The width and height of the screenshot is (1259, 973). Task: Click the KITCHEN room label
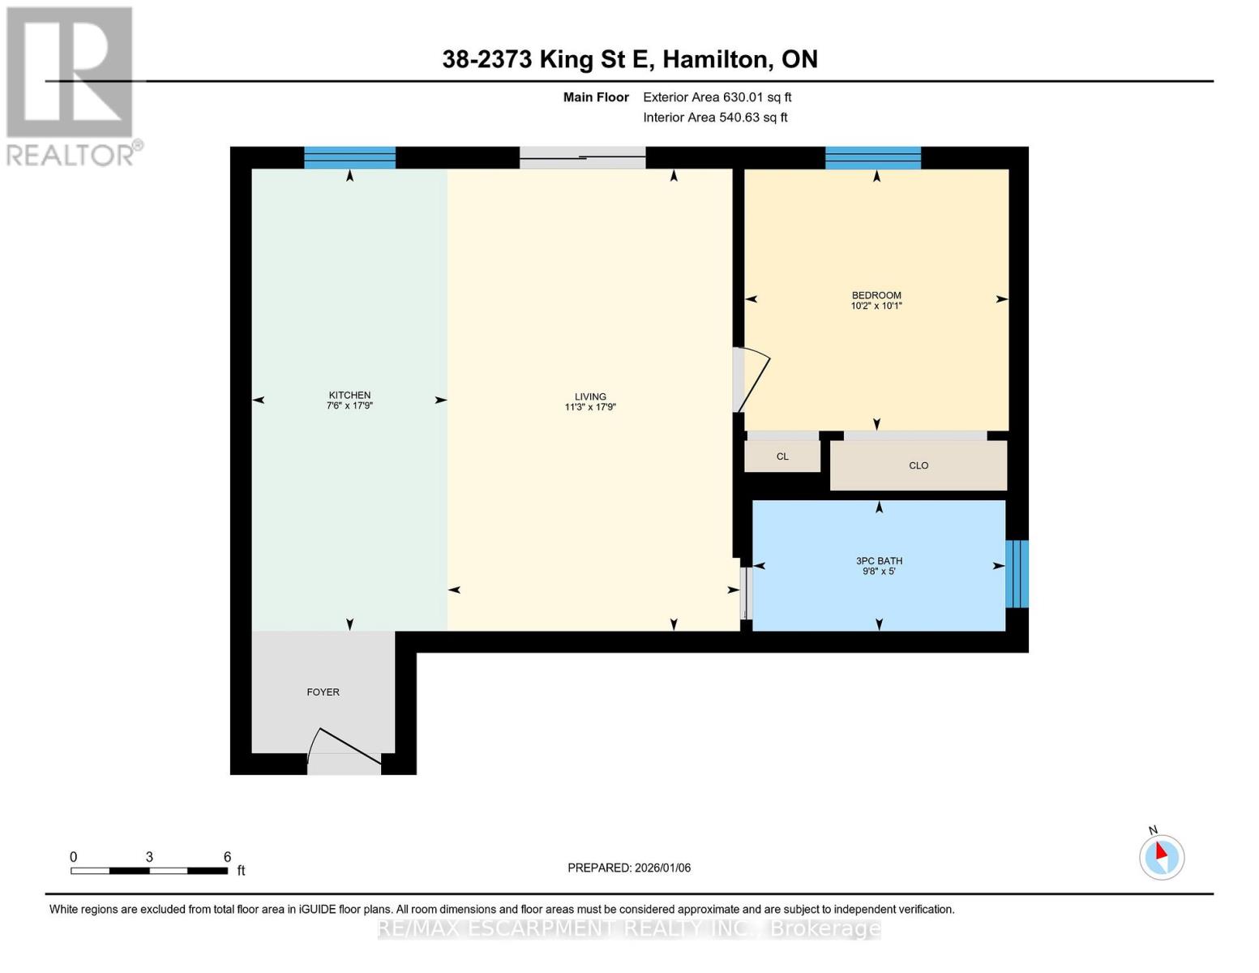click(349, 395)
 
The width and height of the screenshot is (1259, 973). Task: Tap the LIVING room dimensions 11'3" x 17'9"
click(590, 407)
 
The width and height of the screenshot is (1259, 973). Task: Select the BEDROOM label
click(876, 295)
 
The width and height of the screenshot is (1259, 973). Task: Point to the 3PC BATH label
click(879, 560)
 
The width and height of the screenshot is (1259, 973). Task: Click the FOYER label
click(323, 692)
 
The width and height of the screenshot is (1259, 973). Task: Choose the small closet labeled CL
click(782, 456)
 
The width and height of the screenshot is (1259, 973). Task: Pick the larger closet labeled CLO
click(919, 465)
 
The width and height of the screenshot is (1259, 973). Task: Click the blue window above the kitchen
click(349, 157)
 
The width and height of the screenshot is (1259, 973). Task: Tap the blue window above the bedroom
click(873, 157)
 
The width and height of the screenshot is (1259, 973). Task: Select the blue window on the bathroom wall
click(1017, 573)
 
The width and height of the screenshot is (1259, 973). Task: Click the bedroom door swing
click(751, 380)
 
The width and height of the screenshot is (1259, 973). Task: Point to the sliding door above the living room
click(582, 157)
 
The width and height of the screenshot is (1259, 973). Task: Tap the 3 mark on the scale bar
click(149, 857)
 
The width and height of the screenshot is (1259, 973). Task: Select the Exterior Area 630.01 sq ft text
click(717, 97)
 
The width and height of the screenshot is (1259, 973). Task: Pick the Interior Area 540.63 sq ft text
click(715, 118)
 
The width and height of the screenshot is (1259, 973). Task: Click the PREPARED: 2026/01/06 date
click(629, 868)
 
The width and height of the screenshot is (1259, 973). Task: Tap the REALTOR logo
click(71, 85)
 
